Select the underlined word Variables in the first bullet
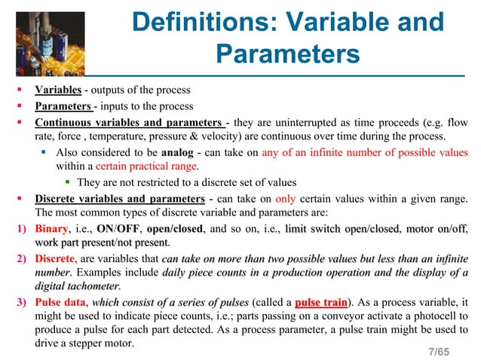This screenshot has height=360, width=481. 58,91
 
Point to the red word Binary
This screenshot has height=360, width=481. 54,229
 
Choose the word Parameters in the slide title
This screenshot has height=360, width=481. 286,54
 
